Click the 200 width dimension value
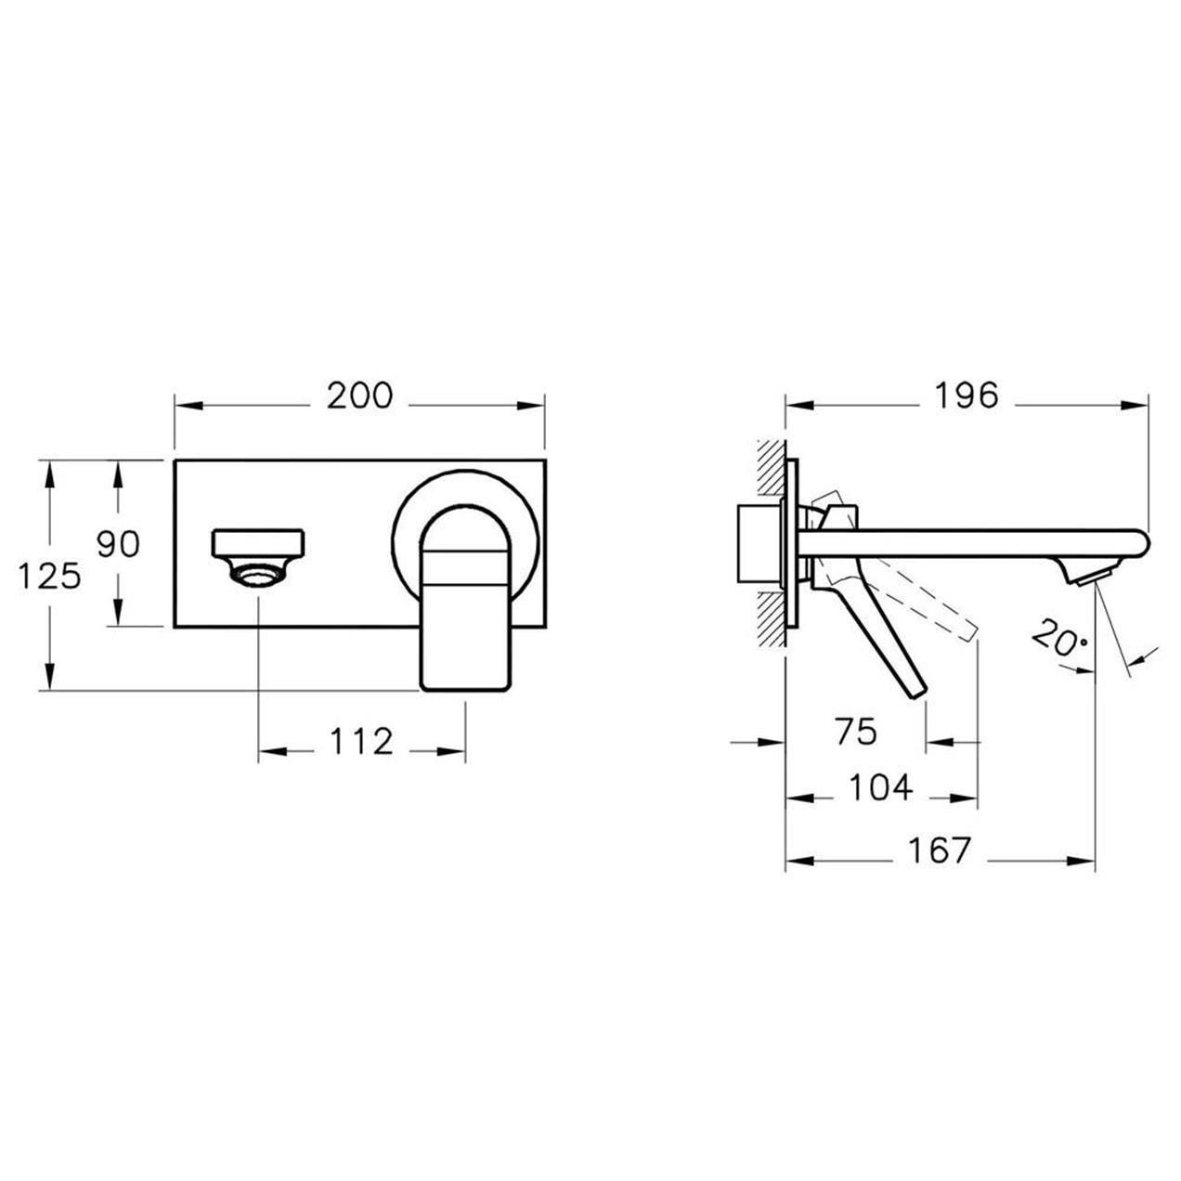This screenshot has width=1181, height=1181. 360,396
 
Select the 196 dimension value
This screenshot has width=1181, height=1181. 966,396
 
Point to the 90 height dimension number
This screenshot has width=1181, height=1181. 118,544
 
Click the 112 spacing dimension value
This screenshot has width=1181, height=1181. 361,742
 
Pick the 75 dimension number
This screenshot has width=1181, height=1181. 855,733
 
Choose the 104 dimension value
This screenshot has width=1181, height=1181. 881,788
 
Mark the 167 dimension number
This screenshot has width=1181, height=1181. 939,850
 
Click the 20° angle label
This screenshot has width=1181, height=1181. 1058,640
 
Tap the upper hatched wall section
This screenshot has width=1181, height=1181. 770,474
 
